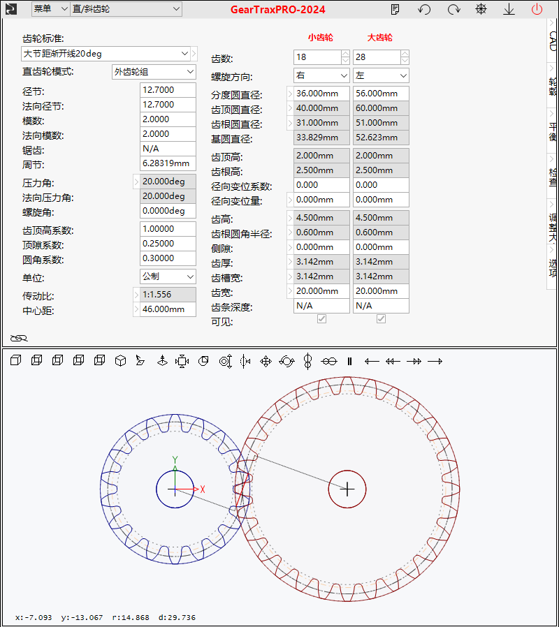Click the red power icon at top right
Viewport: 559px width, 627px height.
point(537,9)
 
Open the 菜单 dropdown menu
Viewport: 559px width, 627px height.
point(50,9)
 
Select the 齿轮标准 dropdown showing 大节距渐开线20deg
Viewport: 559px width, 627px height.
point(106,54)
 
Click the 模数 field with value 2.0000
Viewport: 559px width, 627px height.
point(168,119)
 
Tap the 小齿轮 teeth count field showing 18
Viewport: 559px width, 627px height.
point(318,57)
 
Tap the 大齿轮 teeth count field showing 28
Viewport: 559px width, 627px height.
point(377,57)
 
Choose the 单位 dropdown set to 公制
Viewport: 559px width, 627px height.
point(168,276)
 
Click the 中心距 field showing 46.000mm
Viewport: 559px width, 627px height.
point(168,309)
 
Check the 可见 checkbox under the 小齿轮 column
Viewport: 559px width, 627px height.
point(321,318)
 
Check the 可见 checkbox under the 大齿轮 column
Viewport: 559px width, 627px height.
point(381,318)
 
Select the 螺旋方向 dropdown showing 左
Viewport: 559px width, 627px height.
point(381,75)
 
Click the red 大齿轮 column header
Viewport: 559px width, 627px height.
point(379,38)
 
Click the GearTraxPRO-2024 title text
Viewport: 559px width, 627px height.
point(277,10)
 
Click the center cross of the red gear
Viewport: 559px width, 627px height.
point(347,489)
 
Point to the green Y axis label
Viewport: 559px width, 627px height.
point(175,460)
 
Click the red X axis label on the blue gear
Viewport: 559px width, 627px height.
point(203,489)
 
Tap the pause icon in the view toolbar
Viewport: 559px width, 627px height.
point(350,362)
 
